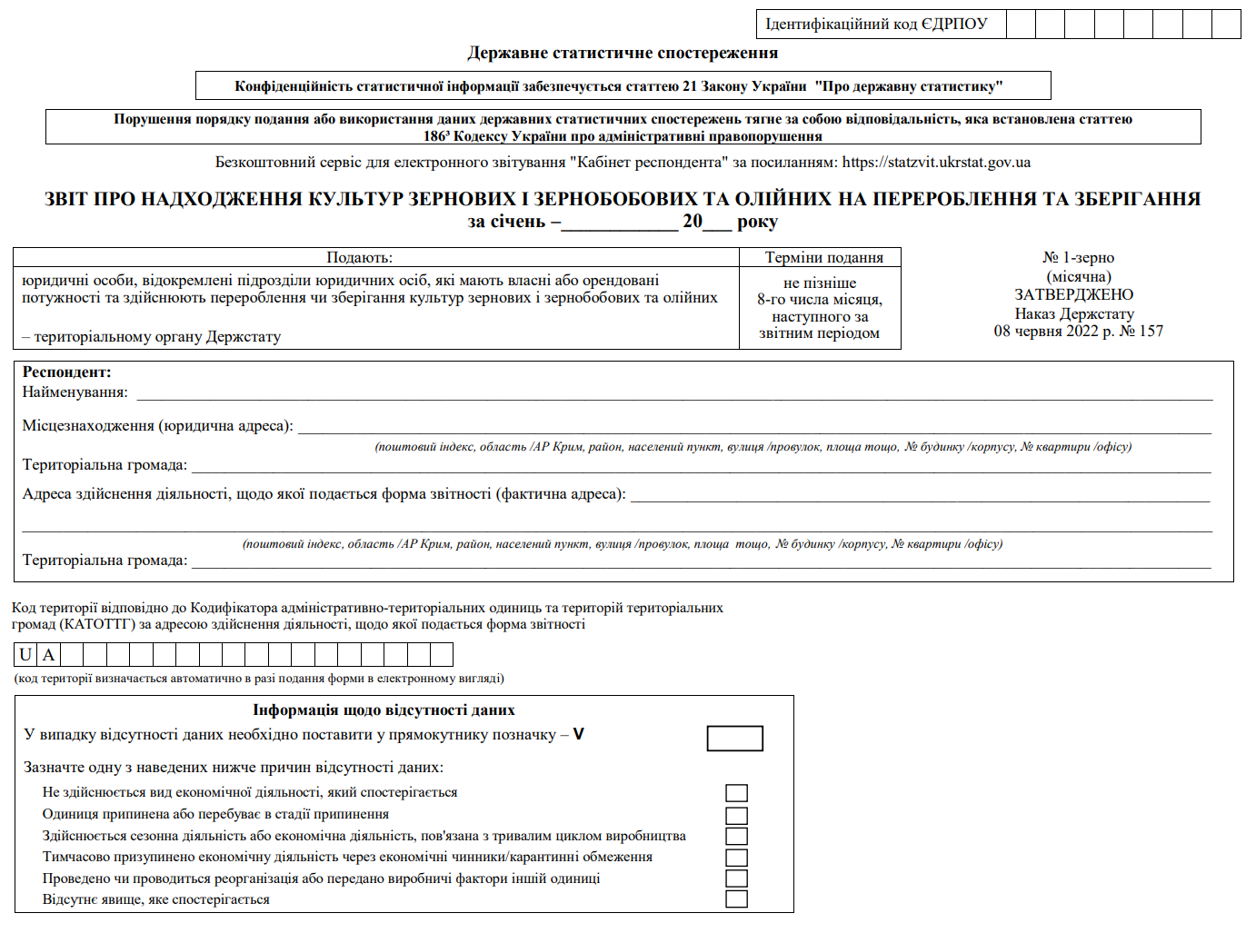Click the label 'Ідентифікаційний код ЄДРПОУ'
(x=876, y=25)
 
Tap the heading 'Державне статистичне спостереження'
(x=623, y=53)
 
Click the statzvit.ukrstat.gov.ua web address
(x=936, y=163)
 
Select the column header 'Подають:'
(x=359, y=258)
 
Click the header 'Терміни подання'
(x=823, y=258)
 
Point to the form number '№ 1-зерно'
(x=1078, y=258)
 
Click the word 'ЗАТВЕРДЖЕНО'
(x=1074, y=295)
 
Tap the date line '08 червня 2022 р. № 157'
(x=1078, y=332)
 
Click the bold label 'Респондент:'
(x=66, y=372)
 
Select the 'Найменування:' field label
(x=75, y=392)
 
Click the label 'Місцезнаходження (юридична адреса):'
(x=157, y=426)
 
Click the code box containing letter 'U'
(x=25, y=655)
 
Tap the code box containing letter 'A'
(x=49, y=655)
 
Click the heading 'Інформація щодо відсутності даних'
(x=384, y=710)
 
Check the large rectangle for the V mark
(x=734, y=739)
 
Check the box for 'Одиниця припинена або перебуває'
(x=736, y=815)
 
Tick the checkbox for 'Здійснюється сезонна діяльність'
(x=736, y=836)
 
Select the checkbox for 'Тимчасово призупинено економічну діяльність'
(x=736, y=858)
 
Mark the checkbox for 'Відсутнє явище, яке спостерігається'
(x=736, y=899)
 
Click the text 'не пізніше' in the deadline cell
(x=819, y=283)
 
